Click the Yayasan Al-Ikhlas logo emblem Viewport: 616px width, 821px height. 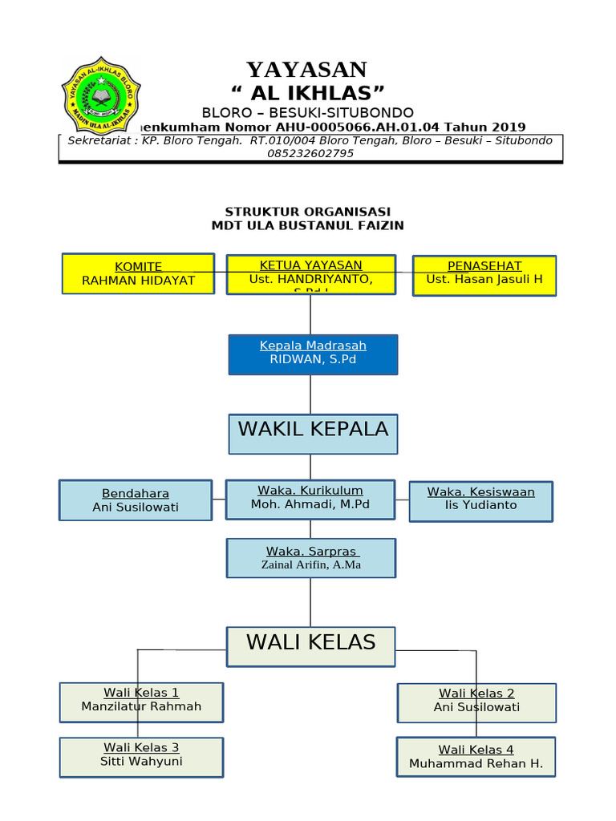[x=100, y=95]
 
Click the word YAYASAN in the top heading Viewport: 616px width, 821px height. [x=306, y=70]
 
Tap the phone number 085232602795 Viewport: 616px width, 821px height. [x=310, y=153]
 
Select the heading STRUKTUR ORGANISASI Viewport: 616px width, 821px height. [x=307, y=212]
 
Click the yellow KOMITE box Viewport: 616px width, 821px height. [x=138, y=273]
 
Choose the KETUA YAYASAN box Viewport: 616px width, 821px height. [x=311, y=274]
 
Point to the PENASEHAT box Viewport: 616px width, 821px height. [x=484, y=275]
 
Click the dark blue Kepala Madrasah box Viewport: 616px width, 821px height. [x=313, y=354]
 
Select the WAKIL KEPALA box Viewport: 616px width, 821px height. [x=313, y=433]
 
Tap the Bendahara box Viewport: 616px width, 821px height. [x=136, y=500]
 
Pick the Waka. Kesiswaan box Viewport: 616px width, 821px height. [x=481, y=500]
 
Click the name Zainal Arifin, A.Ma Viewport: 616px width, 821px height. [x=311, y=564]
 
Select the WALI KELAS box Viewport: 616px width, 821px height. [x=311, y=645]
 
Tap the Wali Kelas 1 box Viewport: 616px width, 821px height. [x=141, y=702]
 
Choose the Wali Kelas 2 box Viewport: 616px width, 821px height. [x=476, y=702]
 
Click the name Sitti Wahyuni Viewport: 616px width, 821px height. [x=141, y=761]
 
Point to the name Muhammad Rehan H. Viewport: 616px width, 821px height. [x=476, y=763]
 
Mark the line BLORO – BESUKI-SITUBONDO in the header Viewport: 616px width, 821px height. [x=308, y=112]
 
